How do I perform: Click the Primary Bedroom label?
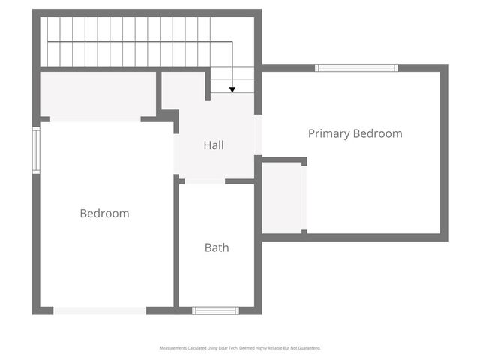(x=355, y=134)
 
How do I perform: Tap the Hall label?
(x=214, y=145)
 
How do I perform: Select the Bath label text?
(x=217, y=247)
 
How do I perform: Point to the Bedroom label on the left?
(x=104, y=214)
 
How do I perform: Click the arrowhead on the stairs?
(x=232, y=89)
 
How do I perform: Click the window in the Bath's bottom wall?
(x=215, y=310)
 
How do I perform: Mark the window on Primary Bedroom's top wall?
(x=356, y=68)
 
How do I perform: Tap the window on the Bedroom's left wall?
(x=35, y=150)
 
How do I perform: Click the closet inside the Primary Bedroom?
(x=283, y=197)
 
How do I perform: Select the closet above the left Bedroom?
(x=97, y=94)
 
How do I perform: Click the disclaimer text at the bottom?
(x=240, y=348)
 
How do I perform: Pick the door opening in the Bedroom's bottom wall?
(x=100, y=310)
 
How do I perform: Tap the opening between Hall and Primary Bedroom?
(x=259, y=135)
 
